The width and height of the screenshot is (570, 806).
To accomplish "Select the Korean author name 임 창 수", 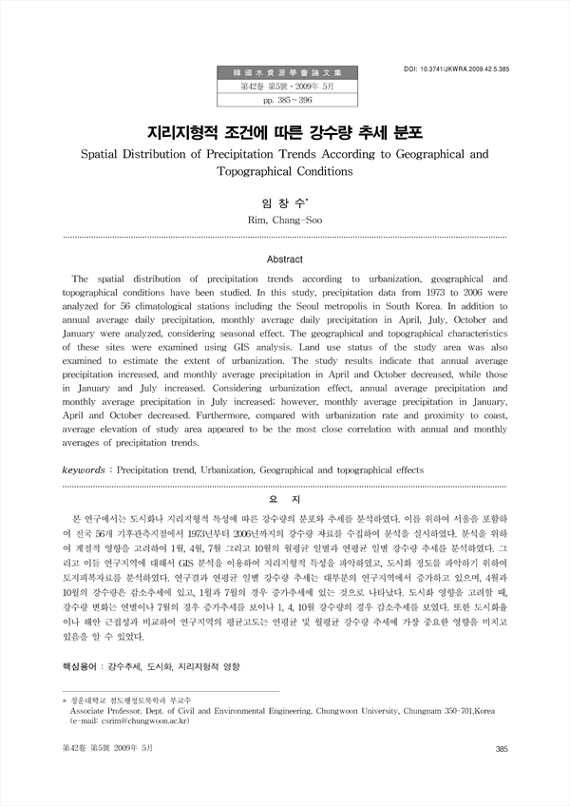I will point(285,202).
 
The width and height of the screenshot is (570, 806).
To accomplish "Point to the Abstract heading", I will point(284,259).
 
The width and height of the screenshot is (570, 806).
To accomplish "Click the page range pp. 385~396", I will point(285,99).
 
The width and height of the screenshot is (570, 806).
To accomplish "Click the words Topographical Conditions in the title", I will point(285,172).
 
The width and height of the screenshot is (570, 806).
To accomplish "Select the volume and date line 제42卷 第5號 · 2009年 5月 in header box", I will point(285,86).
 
